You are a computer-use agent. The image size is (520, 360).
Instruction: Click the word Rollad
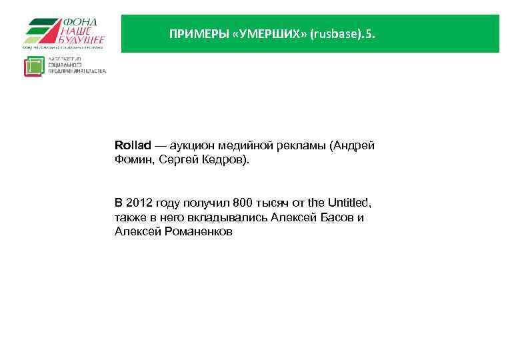133,145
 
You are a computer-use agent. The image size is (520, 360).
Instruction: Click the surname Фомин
133,160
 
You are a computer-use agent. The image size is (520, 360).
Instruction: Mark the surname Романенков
195,232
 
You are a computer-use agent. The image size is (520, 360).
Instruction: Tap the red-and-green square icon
33,66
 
